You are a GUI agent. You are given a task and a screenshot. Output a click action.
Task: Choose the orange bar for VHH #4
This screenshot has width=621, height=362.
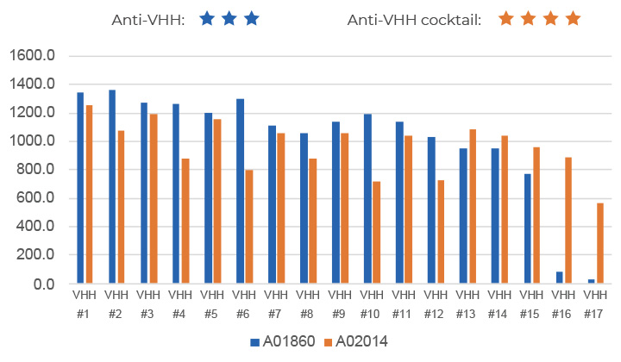185,221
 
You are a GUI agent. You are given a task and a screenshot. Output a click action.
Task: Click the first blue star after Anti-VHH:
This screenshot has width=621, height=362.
207,18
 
